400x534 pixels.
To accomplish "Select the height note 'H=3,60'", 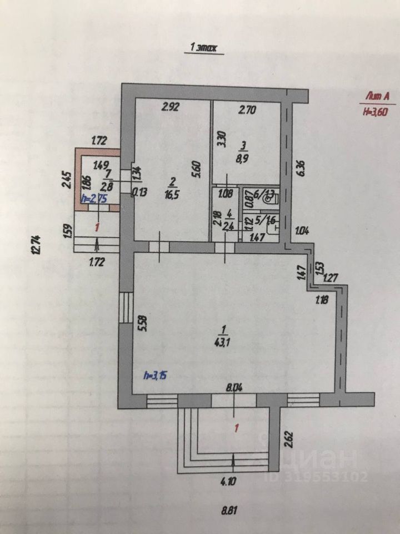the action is coord(374,111).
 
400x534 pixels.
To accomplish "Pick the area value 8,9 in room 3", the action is coord(241,159).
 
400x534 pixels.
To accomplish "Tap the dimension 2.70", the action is coord(247,110).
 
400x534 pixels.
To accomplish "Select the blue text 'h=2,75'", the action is coord(93,199).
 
